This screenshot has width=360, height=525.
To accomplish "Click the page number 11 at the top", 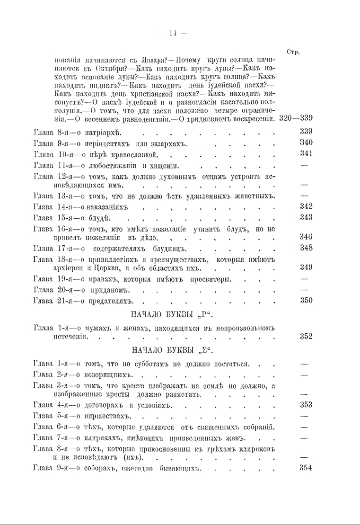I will [x=172, y=33].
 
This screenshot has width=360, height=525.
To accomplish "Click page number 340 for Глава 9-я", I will [x=306, y=142].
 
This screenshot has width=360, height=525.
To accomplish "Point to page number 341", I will [x=306, y=153].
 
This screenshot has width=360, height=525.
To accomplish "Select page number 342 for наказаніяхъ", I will [x=306, y=206].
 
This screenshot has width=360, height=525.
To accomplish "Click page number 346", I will [x=306, y=236].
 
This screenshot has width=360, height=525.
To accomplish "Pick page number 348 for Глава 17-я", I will [x=306, y=248].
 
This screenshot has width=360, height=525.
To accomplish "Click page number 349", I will [x=306, y=267].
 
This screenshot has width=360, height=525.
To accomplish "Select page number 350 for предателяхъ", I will [x=306, y=300].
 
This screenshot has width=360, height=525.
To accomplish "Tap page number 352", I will [x=306, y=337].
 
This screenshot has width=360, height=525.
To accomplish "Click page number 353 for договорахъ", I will [x=306, y=405].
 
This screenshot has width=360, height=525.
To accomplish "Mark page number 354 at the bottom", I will [x=306, y=468].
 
